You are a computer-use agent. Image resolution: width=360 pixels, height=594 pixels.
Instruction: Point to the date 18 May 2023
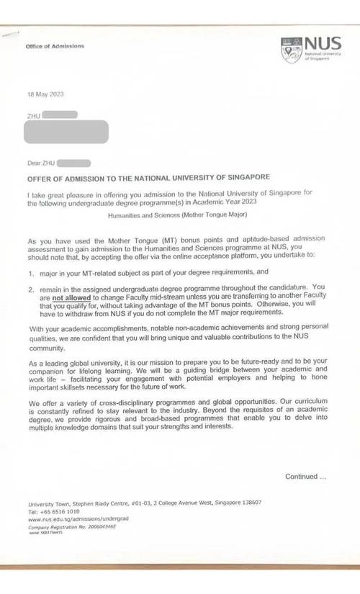click(45, 95)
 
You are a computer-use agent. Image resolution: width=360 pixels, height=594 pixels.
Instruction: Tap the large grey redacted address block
click(66, 132)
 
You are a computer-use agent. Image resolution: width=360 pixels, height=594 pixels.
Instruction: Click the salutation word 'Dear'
click(35, 164)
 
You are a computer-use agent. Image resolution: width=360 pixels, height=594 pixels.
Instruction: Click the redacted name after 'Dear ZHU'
click(74, 164)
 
